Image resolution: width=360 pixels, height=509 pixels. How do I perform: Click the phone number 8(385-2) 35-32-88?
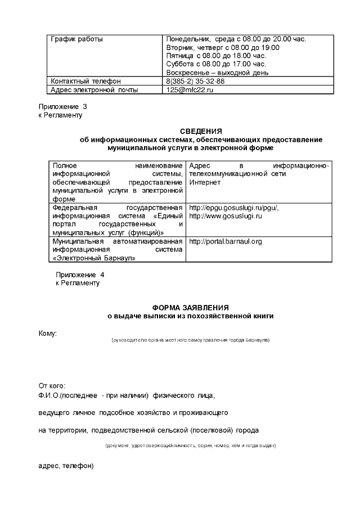point(195,81)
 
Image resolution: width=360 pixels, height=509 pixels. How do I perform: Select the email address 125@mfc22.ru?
point(190,89)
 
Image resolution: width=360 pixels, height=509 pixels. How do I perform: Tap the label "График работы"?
point(77,39)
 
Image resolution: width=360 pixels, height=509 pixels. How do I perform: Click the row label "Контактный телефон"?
point(85,81)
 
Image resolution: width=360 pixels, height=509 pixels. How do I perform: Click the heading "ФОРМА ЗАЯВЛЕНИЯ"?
point(191,308)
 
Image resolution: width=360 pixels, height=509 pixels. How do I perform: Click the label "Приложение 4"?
point(80,274)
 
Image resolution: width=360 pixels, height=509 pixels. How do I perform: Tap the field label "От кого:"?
point(52,386)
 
